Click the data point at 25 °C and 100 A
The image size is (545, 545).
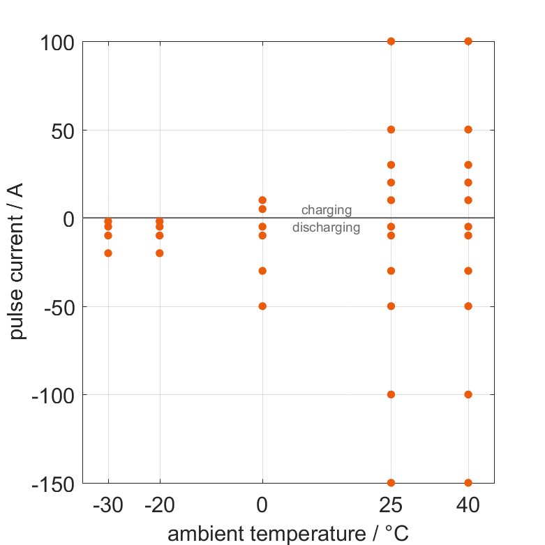(391, 41)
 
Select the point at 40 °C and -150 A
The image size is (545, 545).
(468, 482)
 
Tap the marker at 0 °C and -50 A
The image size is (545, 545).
(262, 306)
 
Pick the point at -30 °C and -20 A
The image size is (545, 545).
(108, 253)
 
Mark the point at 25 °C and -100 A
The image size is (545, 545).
(391, 394)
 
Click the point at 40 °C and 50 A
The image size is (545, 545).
(468, 130)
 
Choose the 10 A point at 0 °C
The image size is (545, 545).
(262, 200)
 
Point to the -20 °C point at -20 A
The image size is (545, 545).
(160, 253)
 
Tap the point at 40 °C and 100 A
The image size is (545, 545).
(468, 41)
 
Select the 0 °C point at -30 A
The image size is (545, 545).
(262, 271)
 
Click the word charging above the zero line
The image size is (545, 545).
(326, 210)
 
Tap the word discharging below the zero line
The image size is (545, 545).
(326, 227)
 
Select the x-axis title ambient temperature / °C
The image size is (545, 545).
(288, 534)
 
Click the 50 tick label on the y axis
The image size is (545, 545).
(63, 130)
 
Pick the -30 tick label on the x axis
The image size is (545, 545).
(108, 505)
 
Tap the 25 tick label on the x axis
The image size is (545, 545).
(391, 505)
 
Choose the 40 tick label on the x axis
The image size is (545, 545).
(468, 505)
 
